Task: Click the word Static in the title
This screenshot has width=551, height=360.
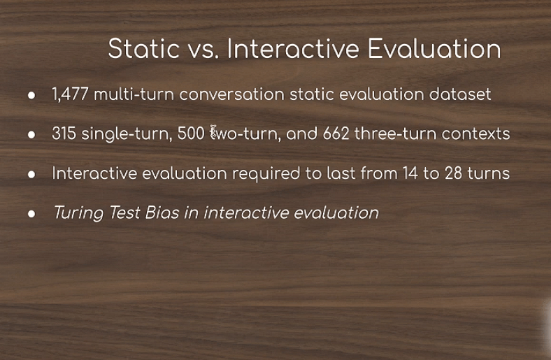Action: [x=144, y=48]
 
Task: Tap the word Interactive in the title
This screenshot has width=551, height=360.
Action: [x=293, y=48]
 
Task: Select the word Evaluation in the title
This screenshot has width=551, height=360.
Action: [x=434, y=48]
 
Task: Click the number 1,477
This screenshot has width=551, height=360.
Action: [x=70, y=94]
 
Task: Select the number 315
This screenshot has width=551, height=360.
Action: [x=64, y=134]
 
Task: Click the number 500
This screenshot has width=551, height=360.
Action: [x=191, y=134]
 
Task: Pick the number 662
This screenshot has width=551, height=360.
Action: [x=336, y=134]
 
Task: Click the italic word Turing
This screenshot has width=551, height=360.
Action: [x=79, y=213]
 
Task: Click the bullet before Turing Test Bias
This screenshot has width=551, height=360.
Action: [x=31, y=213]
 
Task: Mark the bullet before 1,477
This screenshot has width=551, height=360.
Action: [x=31, y=95]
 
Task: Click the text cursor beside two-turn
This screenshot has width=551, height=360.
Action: [x=213, y=131]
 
